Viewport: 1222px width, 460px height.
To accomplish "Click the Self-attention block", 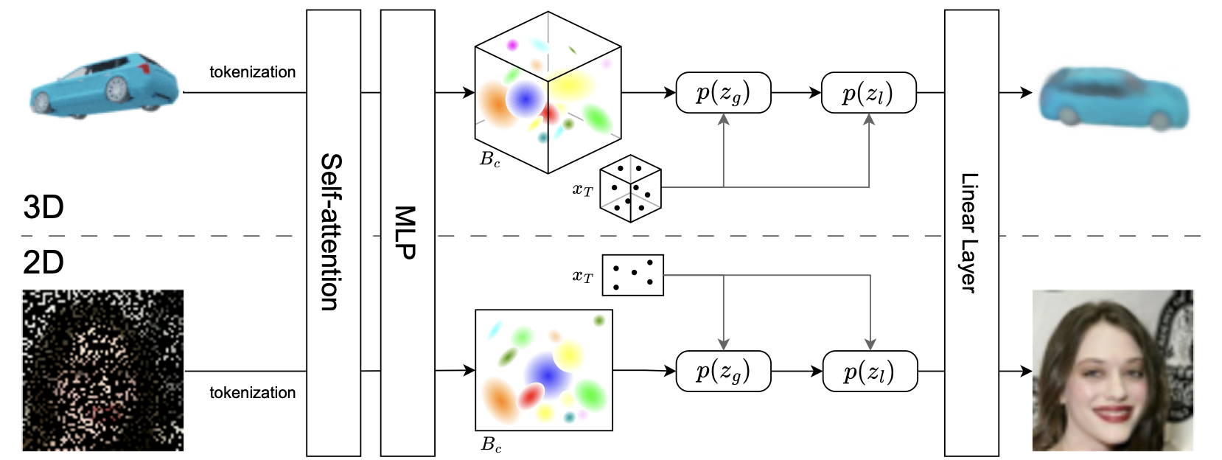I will [x=333, y=232].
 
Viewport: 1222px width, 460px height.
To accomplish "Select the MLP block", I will [x=407, y=232].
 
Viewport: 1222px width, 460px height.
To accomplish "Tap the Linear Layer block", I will [x=971, y=232].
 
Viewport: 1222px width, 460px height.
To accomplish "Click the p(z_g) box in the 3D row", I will [x=723, y=93].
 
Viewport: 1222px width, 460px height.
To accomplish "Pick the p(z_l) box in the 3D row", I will [x=868, y=93].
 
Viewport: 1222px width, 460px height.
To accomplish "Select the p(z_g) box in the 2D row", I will [x=723, y=371].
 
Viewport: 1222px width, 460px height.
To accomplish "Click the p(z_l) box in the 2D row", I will [x=870, y=371].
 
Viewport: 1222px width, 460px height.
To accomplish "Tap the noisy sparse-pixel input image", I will [x=102, y=370].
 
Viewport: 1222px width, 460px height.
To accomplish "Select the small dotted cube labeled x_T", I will [x=630, y=189].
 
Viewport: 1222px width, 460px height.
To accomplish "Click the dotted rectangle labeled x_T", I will [x=632, y=275].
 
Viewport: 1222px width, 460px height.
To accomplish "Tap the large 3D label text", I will [x=43, y=207].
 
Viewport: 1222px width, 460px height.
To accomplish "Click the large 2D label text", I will [x=43, y=262].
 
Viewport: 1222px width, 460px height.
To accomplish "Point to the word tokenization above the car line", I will [x=252, y=72].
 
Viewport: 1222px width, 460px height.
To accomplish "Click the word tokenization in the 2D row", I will [x=252, y=393].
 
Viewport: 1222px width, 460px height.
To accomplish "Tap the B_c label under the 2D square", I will [x=491, y=445].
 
